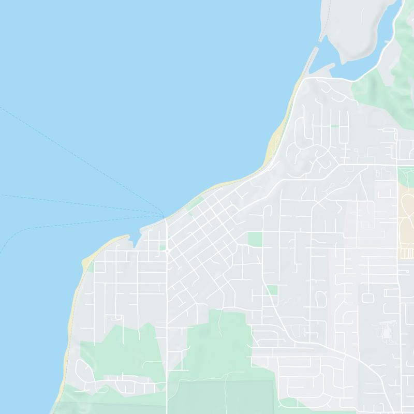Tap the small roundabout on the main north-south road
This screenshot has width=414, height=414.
click(167, 250)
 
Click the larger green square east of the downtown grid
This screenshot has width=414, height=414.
click(255, 239)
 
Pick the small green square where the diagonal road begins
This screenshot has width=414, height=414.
click(272, 290)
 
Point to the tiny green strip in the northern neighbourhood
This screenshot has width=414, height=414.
click(334, 126)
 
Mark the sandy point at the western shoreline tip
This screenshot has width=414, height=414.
click(86, 261)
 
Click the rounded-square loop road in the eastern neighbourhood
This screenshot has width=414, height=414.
click(368, 298)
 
